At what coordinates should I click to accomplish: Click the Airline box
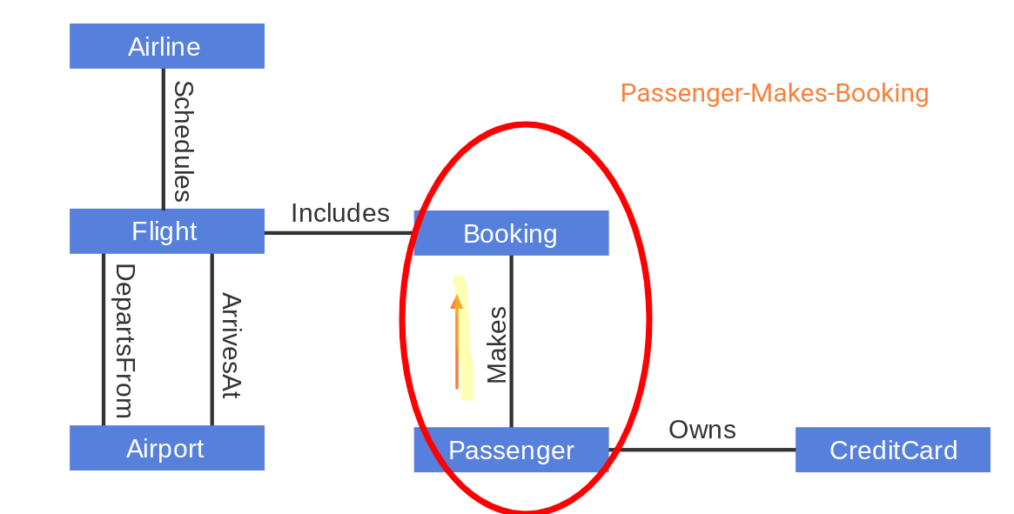[x=166, y=46]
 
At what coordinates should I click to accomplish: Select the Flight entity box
[x=166, y=231]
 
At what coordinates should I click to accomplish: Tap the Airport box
[x=166, y=448]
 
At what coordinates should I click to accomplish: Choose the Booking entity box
[x=511, y=233]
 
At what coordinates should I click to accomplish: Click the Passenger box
[x=511, y=450]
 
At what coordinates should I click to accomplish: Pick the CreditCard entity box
[x=892, y=450]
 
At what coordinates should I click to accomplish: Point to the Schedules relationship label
[x=182, y=141]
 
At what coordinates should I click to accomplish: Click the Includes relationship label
[x=339, y=213]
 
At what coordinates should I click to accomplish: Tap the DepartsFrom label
[x=124, y=340]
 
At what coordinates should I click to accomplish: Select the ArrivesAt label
[x=230, y=345]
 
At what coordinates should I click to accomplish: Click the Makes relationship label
[x=496, y=344]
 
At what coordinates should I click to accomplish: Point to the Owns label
[x=702, y=430]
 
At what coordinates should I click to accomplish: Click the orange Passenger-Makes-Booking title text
[x=774, y=93]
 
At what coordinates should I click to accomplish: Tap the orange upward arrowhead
[x=456, y=302]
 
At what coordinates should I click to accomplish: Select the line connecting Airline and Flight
[x=163, y=139]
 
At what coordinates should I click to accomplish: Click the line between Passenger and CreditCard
[x=702, y=450]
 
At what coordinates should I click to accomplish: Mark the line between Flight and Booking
[x=339, y=232]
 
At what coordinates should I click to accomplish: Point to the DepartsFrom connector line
[x=104, y=339]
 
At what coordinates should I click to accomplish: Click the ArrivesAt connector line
[x=212, y=339]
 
